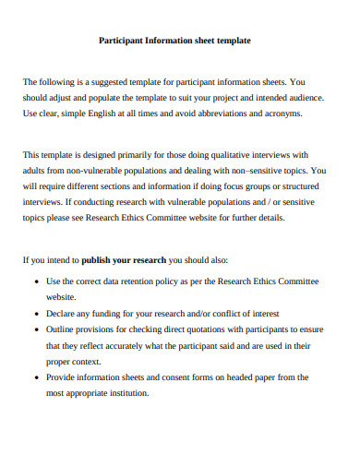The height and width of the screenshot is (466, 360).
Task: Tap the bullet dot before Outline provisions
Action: point(35,329)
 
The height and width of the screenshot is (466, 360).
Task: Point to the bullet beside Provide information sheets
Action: point(35,376)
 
